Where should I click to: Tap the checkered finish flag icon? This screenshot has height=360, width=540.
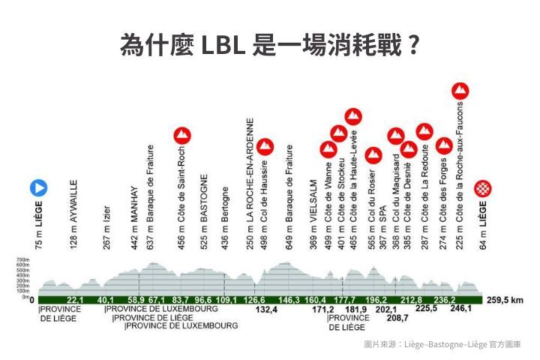click(x=484, y=188)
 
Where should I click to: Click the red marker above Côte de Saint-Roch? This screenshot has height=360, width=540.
click(x=181, y=136)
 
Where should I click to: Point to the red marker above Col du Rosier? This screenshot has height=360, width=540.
click(x=373, y=156)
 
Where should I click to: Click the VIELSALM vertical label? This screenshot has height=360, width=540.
click(x=313, y=213)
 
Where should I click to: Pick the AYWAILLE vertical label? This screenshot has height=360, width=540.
click(x=73, y=214)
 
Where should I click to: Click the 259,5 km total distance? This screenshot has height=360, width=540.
click(x=503, y=299)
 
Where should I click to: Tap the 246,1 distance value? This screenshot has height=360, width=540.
click(x=460, y=309)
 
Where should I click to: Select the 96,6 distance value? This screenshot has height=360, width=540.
click(x=203, y=299)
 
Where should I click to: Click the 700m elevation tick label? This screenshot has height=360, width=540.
click(x=22, y=260)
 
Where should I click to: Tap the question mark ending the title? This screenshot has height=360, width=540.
click(x=410, y=46)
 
